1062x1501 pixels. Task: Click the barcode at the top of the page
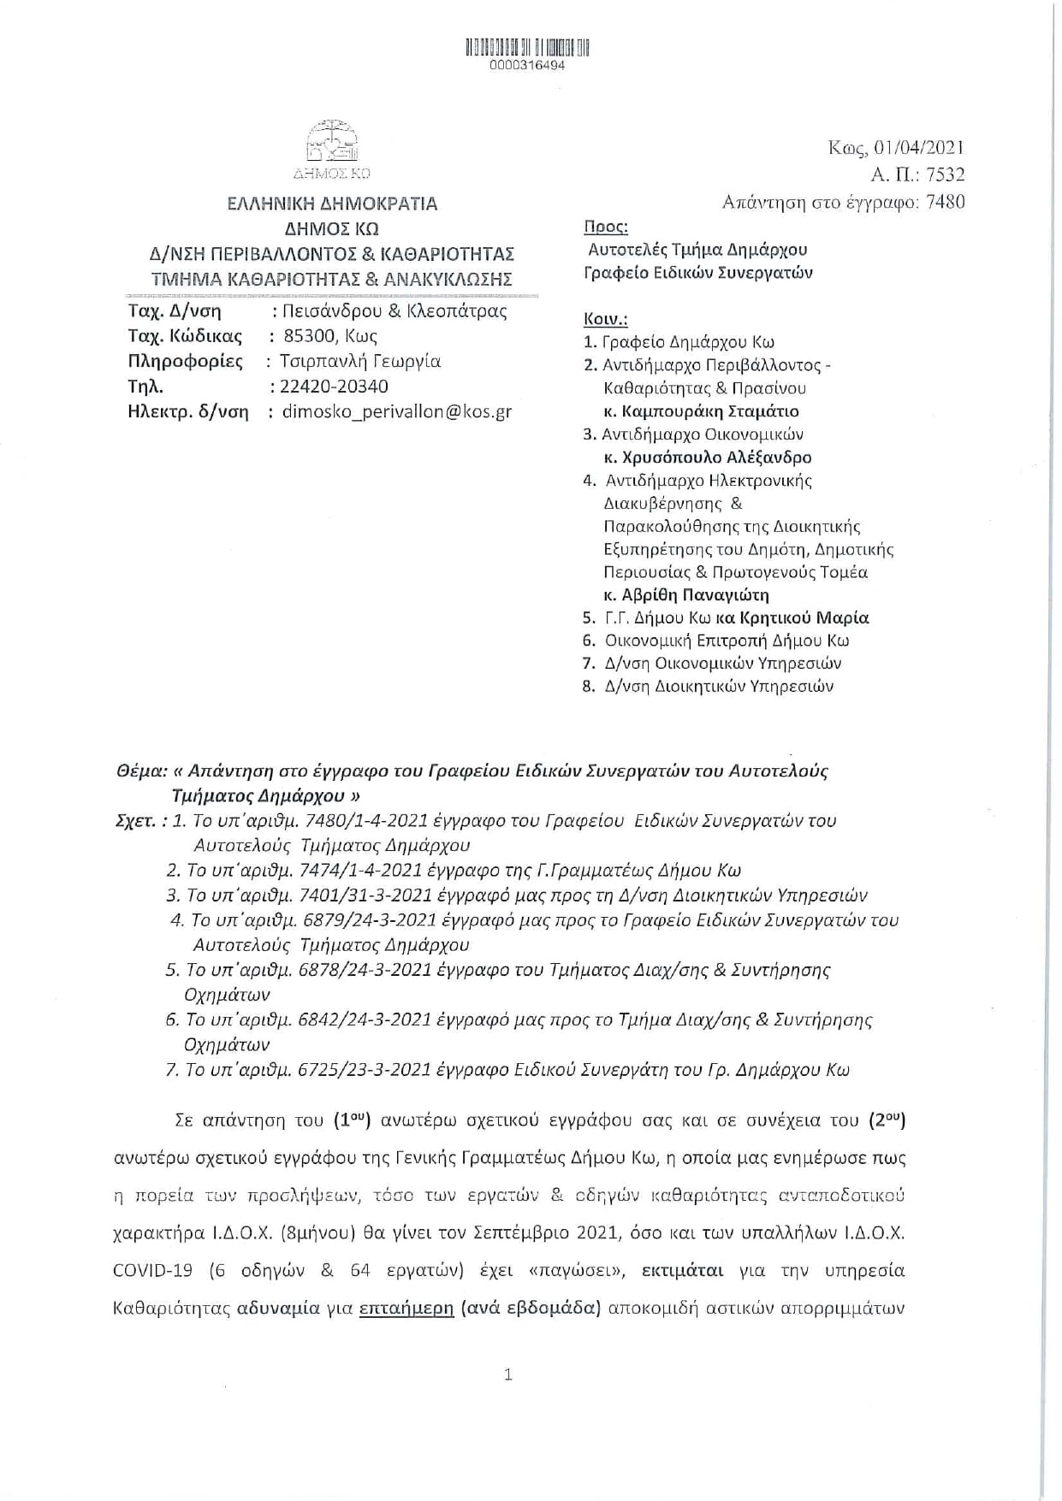click(528, 47)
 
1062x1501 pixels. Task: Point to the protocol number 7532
click(945, 175)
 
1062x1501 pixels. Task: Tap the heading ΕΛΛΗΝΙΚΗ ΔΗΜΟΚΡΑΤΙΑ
click(331, 204)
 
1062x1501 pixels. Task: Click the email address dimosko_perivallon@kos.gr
click(396, 411)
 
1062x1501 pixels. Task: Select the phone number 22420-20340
click(333, 387)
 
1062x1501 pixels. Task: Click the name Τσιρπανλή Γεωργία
click(359, 361)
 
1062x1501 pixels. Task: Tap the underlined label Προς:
click(605, 228)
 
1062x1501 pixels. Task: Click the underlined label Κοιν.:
click(605, 319)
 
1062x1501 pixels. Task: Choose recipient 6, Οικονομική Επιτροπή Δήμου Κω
click(727, 641)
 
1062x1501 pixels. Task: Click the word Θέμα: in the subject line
click(140, 771)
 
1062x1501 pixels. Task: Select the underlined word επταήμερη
click(406, 1308)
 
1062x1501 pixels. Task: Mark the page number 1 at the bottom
click(508, 1374)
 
